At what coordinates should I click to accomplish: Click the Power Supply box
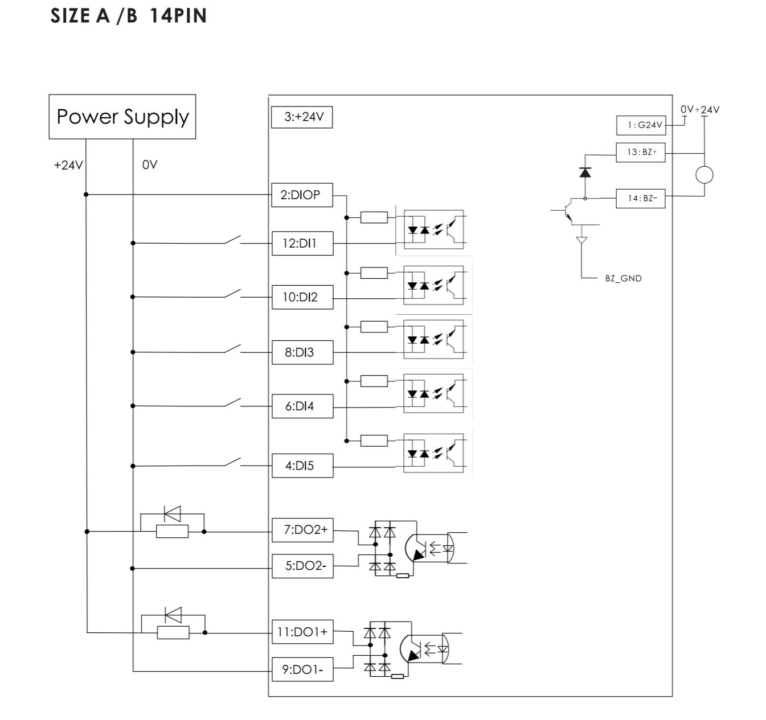[x=122, y=117]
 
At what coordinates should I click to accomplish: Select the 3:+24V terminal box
[x=301, y=117]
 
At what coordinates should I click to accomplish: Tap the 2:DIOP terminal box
[x=302, y=195]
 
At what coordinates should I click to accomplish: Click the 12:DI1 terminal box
[x=302, y=243]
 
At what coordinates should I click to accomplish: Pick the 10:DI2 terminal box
[x=302, y=297]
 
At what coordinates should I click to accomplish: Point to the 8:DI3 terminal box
[x=302, y=352]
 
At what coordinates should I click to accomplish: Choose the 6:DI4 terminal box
[x=302, y=406]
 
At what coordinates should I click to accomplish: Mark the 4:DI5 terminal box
[x=302, y=466]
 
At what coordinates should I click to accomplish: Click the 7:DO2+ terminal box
[x=302, y=530]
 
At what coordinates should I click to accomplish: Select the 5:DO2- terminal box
[x=302, y=566]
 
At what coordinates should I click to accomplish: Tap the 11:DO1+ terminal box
[x=302, y=632]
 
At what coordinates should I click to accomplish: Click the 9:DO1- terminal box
[x=302, y=669]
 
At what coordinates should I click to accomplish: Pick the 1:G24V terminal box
[x=641, y=125]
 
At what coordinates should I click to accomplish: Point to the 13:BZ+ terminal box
[x=641, y=153]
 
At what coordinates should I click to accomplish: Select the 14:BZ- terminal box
[x=641, y=198]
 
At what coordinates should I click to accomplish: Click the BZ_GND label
[x=623, y=278]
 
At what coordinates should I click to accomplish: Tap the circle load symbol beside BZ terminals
[x=704, y=175]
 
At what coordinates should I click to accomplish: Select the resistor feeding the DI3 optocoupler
[x=374, y=327]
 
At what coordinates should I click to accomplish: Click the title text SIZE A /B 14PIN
[x=129, y=15]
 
